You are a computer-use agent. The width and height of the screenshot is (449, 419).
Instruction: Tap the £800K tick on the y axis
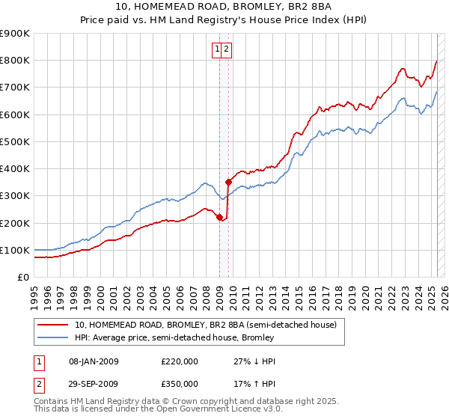coord(15,61)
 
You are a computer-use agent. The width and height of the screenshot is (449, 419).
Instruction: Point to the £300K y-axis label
coord(15,196)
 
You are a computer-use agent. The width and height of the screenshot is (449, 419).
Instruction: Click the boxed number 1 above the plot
coord(217,50)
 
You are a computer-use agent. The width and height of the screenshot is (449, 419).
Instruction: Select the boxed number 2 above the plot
coord(226,50)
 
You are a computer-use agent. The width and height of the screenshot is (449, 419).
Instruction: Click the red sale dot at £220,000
coord(219,218)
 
